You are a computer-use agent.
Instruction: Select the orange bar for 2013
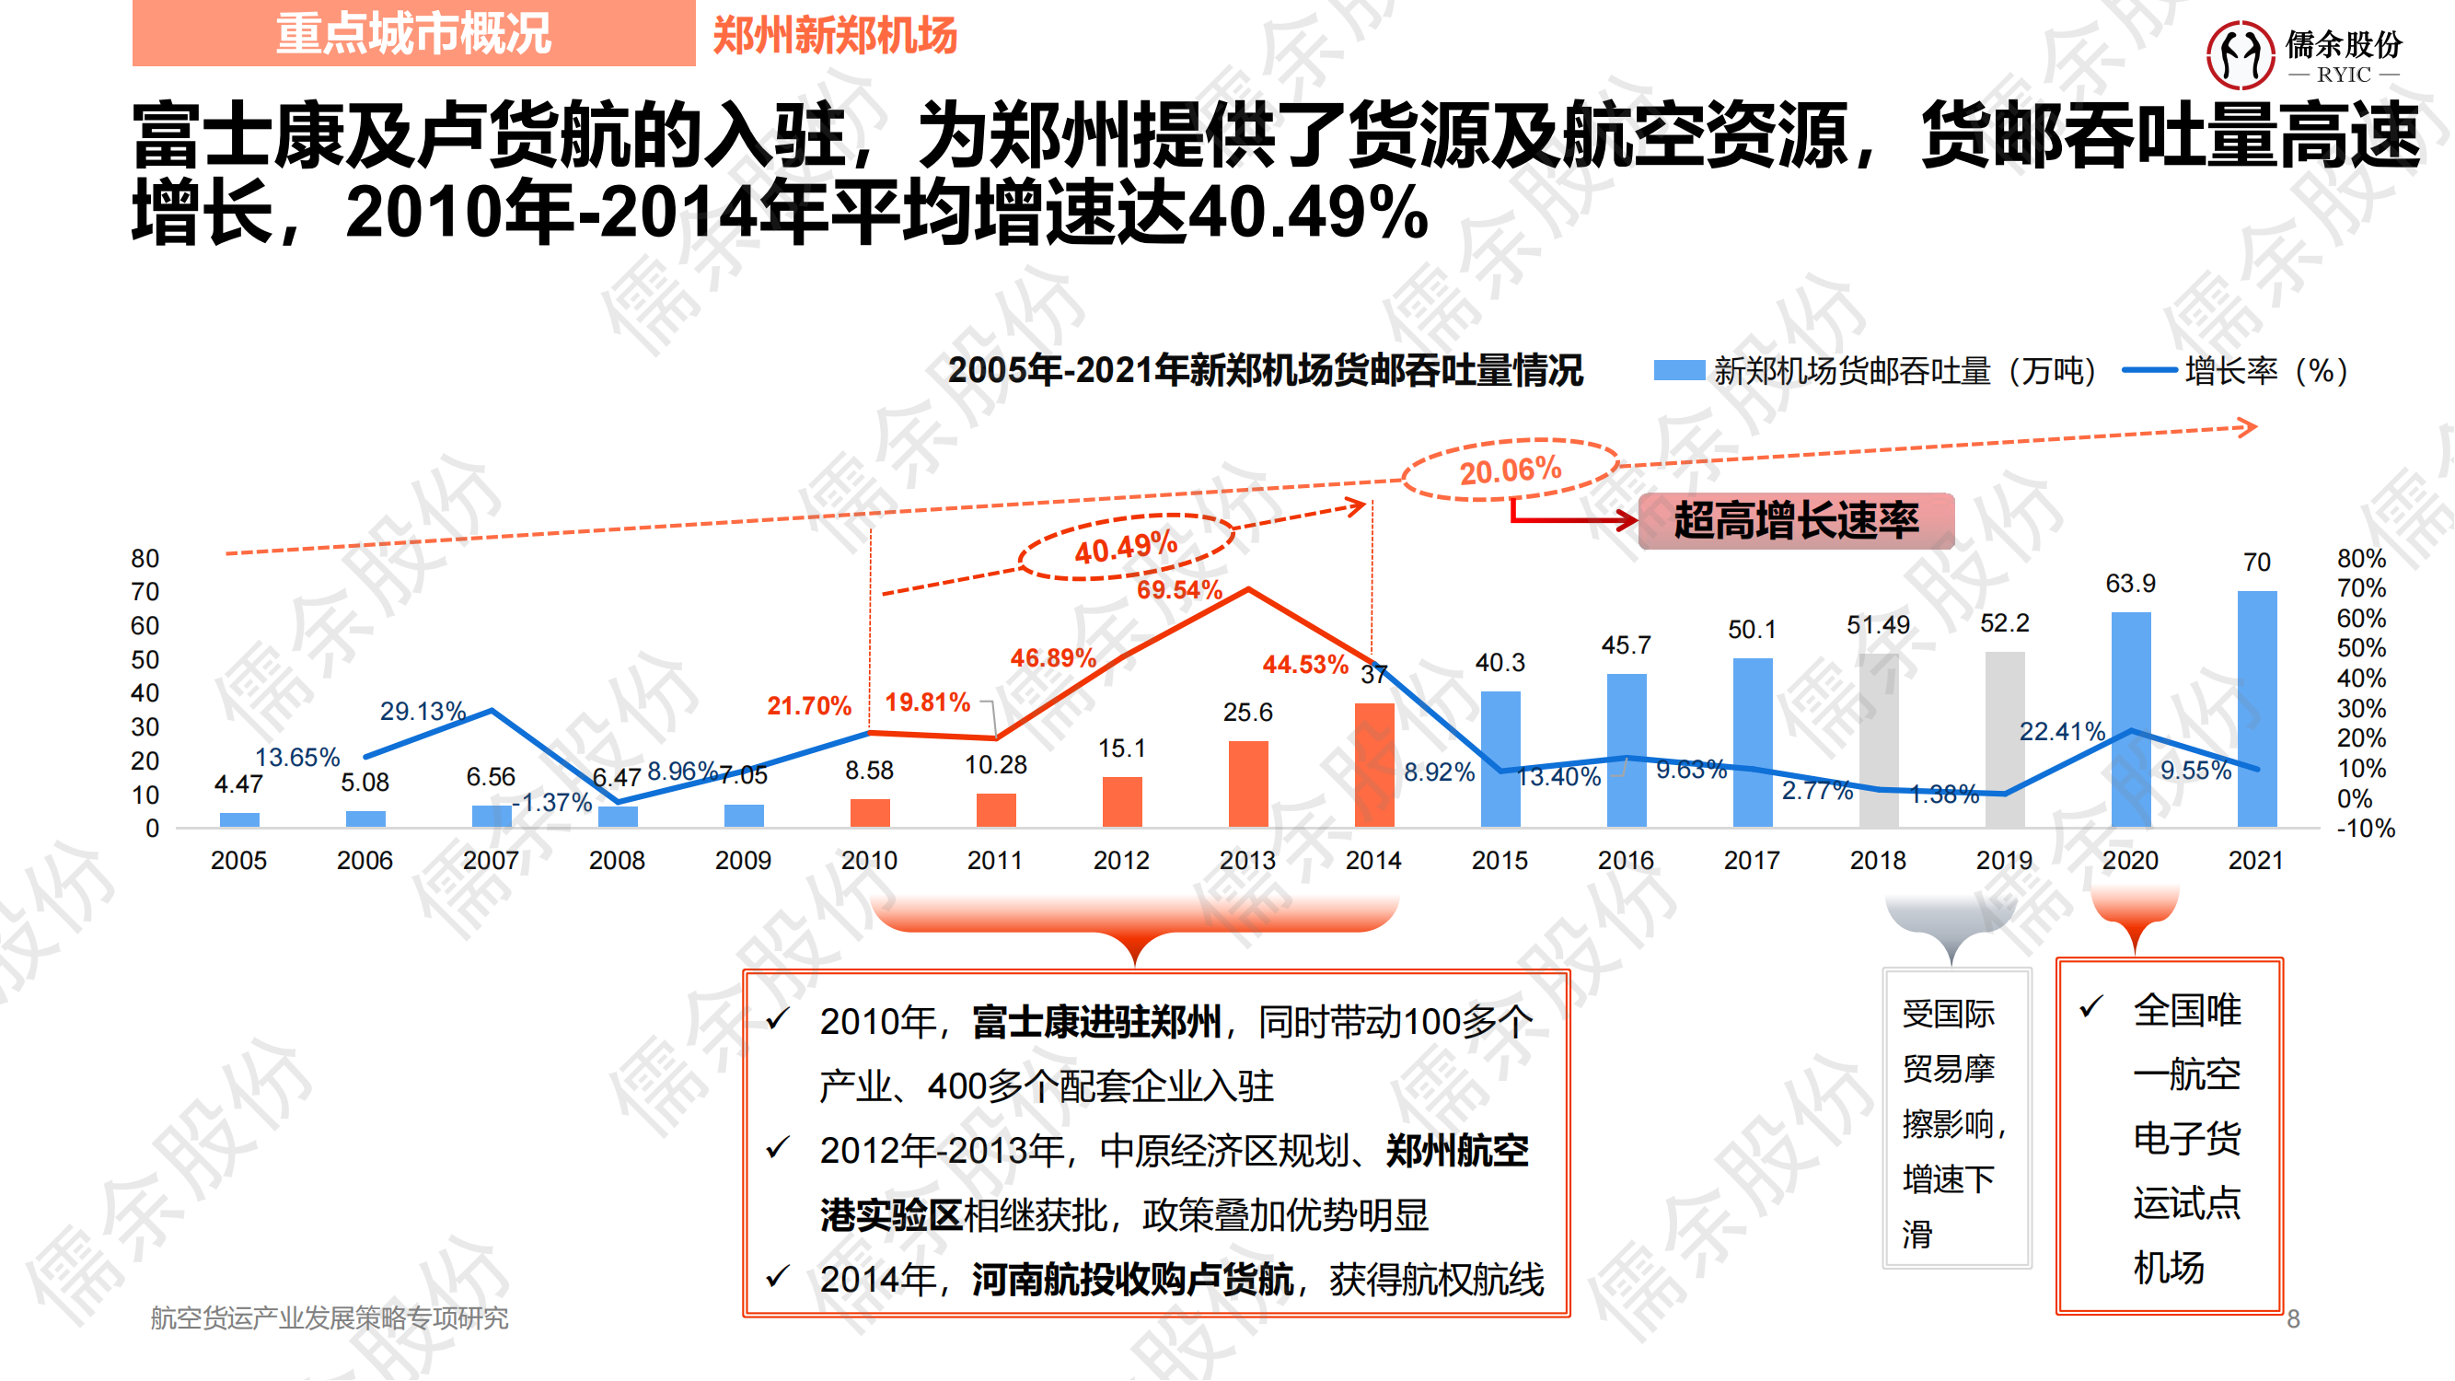[x=1247, y=783]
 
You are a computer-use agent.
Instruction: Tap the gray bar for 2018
[x=1878, y=740]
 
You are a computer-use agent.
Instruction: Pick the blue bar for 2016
[x=1626, y=750]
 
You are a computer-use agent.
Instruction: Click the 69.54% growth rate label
[x=1179, y=590]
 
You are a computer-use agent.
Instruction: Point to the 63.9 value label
[x=2130, y=584]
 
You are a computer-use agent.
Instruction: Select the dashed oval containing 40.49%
[x=1127, y=547]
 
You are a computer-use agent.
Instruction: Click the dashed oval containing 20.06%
[x=1511, y=470]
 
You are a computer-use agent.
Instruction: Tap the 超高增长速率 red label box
[x=1796, y=520]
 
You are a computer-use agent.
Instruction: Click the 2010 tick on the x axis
[x=869, y=861]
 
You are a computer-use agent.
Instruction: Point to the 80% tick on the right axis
[x=2361, y=559]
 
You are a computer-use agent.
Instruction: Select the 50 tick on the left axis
[x=145, y=659]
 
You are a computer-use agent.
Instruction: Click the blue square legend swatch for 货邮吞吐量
[x=1678, y=371]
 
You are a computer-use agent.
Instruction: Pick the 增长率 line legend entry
[x=2236, y=371]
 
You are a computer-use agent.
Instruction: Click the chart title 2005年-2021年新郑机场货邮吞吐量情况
[x=1265, y=370]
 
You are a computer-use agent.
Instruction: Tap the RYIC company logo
[x=2303, y=54]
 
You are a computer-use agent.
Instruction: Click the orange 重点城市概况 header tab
[x=413, y=33]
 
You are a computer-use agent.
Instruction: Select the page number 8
[x=2293, y=1319]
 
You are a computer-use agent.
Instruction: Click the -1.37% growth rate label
[x=552, y=803]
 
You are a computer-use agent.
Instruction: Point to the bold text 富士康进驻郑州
[x=1096, y=1023]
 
